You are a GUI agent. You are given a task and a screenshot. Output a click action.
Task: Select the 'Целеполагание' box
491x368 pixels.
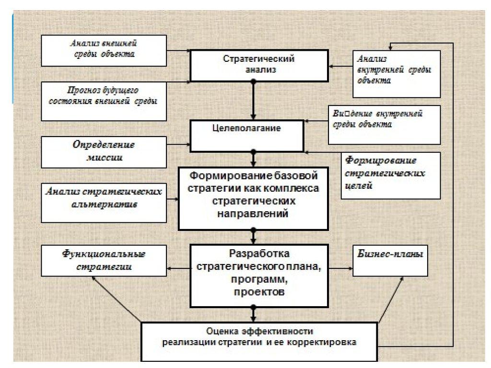point(247,135)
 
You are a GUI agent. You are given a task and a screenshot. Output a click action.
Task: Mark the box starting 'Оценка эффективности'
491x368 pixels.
point(259,341)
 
